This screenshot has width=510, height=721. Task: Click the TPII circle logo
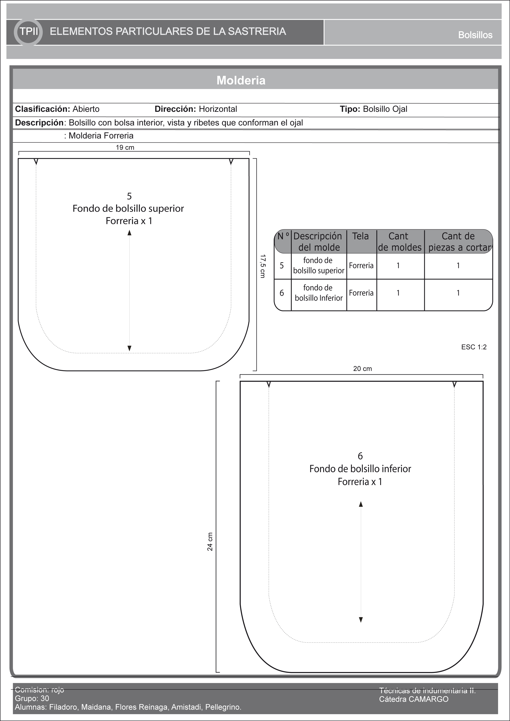click(x=28, y=32)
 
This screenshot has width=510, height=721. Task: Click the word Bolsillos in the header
click(x=475, y=35)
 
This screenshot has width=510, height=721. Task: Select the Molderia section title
click(x=241, y=80)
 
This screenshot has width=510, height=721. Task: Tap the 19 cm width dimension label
click(x=125, y=148)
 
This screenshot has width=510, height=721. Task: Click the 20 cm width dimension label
click(x=362, y=369)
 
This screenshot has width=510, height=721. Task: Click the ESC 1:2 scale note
click(x=474, y=347)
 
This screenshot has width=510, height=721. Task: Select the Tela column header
click(x=360, y=236)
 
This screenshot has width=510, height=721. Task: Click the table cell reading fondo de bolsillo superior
click(x=319, y=265)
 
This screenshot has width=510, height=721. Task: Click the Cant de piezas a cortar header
click(x=458, y=241)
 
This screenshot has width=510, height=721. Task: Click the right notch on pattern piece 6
click(x=454, y=384)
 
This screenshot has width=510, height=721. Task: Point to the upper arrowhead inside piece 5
click(x=129, y=233)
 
